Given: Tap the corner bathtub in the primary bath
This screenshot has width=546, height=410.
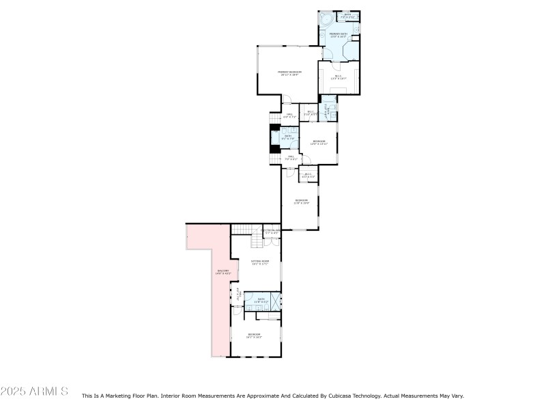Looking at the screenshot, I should coord(326,18).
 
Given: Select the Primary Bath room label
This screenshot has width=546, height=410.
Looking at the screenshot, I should coord(339,35).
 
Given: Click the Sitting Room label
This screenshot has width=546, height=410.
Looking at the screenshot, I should coord(261,262).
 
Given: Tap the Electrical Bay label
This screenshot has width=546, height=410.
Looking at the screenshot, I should coord(271,232).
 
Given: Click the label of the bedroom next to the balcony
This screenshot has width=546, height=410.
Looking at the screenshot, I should coord(254,336).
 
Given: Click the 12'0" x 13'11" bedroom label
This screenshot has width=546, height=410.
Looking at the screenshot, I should coord(319,142).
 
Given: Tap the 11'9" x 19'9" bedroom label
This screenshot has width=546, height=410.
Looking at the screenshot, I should coord(302,202).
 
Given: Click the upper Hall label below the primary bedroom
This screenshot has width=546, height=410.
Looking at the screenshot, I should coord(289,115).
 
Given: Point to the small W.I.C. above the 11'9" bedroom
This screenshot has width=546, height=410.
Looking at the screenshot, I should coord(308,175).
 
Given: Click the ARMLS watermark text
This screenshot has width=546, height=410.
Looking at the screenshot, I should coord(34,392).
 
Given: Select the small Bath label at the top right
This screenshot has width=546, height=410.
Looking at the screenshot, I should coord(347,14).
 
